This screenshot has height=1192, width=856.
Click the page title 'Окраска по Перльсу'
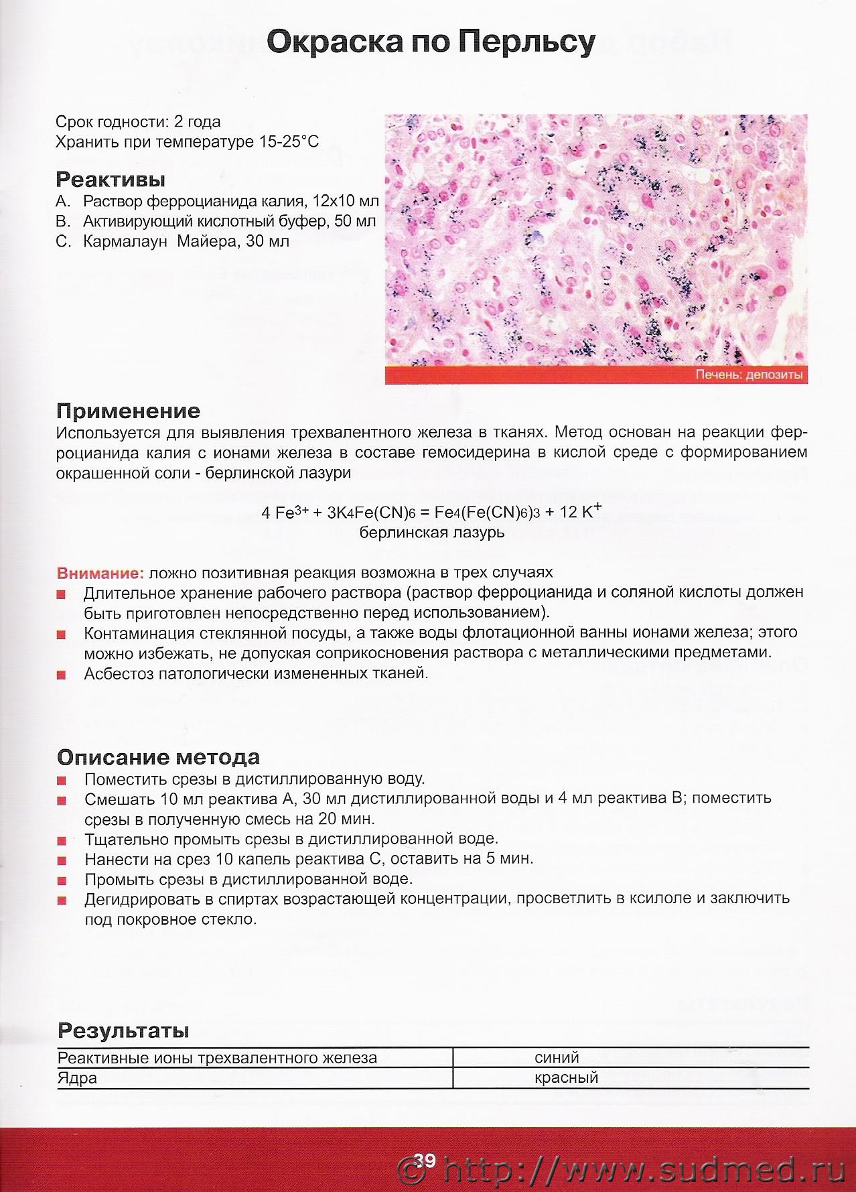click(x=431, y=44)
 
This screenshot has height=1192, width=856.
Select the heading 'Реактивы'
click(x=111, y=180)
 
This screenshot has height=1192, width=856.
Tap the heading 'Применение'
click(x=128, y=411)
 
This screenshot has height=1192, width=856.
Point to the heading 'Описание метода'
click(x=158, y=757)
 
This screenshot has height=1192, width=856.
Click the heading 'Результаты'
click(x=123, y=1031)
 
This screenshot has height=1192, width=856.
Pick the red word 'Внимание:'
click(x=100, y=573)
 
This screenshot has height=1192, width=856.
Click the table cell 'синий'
click(x=557, y=1058)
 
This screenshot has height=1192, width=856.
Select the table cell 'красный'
click(x=566, y=1078)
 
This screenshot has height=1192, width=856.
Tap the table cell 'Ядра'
click(x=78, y=1079)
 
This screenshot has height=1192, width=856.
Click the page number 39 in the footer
click(x=425, y=1160)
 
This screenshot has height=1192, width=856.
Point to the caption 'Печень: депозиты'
click(x=749, y=375)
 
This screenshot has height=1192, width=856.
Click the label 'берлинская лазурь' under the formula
click(x=432, y=533)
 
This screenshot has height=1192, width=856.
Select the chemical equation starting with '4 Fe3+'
click(x=432, y=513)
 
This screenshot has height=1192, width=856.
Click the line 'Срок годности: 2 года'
click(x=138, y=122)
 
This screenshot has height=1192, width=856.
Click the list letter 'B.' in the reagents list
click(x=63, y=221)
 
